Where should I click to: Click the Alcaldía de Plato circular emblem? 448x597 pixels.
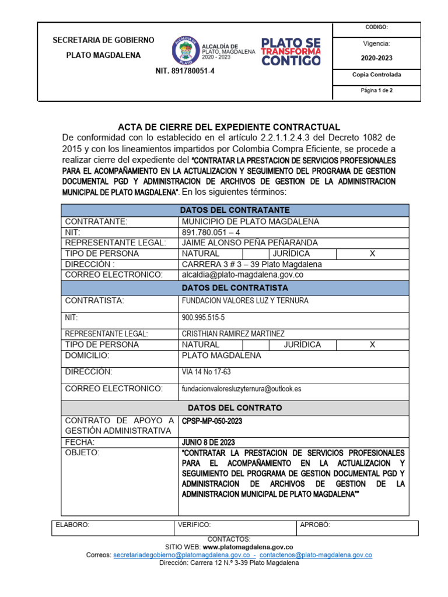click(185, 51)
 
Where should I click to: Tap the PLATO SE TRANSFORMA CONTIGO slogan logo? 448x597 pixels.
click(290, 51)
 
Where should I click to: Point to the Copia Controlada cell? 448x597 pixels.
click(376, 75)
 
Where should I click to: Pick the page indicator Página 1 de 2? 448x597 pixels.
click(376, 91)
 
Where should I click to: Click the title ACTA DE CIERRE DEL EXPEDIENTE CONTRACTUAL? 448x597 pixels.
click(229, 127)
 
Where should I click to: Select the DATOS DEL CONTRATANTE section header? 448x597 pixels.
click(235, 210)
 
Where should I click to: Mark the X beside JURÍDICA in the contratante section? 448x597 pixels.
click(372, 254)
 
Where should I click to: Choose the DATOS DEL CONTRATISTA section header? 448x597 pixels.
click(235, 288)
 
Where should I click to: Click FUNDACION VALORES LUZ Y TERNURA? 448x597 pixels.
click(245, 301)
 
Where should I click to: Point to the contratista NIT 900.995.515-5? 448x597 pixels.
click(203, 318)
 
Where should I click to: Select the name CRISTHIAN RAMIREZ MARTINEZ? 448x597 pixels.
click(233, 333)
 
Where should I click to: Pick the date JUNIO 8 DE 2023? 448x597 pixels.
click(208, 442)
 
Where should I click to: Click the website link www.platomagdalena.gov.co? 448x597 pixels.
click(248, 547)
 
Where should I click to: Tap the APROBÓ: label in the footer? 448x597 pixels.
click(314, 525)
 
